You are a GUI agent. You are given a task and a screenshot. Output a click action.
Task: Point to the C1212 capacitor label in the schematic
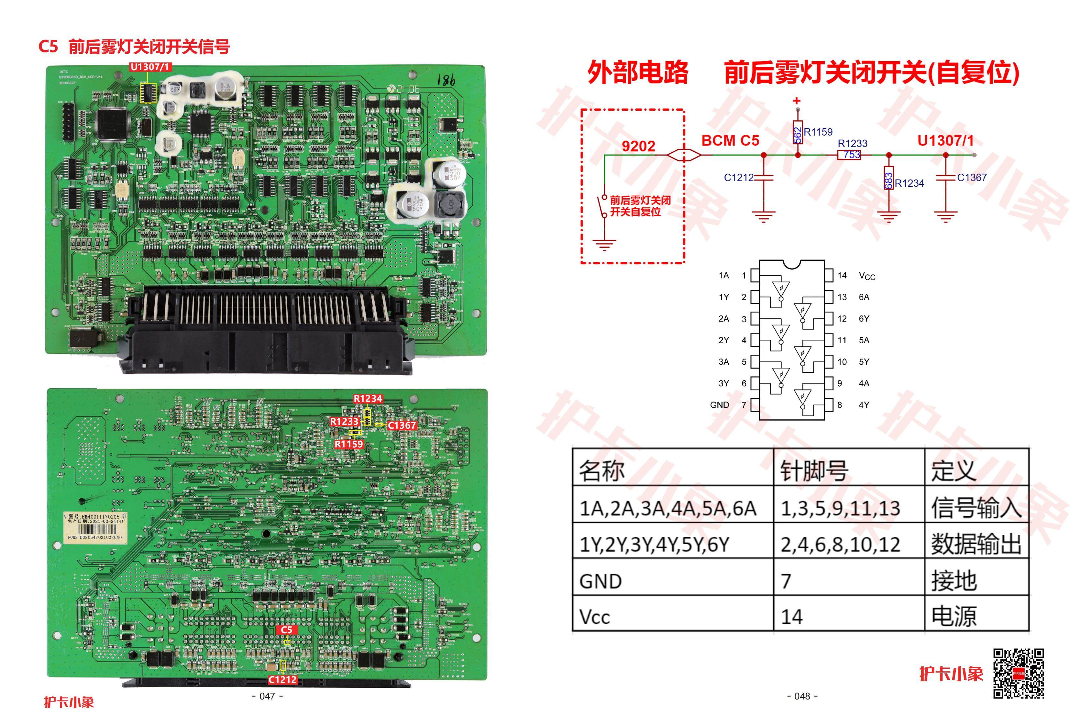coord(738,178)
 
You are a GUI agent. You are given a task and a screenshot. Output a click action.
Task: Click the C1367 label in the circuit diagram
coord(971,178)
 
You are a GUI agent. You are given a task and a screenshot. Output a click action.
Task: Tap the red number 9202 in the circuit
coord(638,146)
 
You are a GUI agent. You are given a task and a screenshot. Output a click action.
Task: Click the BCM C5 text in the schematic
coord(730,140)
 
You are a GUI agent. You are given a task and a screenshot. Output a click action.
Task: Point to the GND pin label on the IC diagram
coord(719,405)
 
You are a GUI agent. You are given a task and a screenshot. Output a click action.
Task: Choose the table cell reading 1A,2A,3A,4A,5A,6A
coord(667,508)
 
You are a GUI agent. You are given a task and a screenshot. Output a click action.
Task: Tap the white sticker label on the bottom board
coord(94,527)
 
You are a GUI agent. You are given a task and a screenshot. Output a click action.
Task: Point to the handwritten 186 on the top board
coord(446,81)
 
